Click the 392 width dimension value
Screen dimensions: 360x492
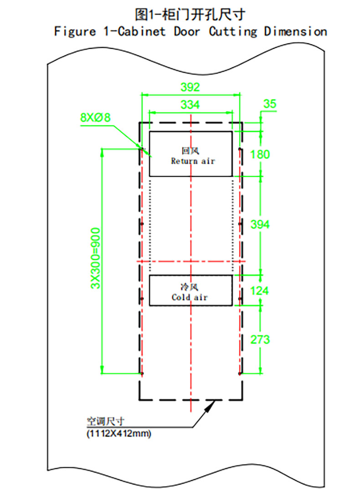pos(190,87)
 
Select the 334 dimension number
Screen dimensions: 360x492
pos(190,104)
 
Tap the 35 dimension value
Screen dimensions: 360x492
pos(270,104)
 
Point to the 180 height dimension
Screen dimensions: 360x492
pos(260,154)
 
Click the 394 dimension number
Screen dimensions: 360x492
pos(260,224)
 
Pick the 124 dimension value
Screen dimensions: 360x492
pos(259,290)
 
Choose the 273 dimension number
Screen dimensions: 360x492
pos(260,339)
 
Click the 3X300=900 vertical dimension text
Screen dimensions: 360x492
pos(95,258)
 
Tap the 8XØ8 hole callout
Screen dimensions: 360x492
pos(95,117)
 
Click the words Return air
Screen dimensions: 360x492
pos(193,161)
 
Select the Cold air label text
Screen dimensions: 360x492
pos(190,297)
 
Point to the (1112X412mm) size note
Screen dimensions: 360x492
pos(119,434)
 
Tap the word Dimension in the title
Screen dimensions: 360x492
pos(295,31)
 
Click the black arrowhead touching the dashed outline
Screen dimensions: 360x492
pos(210,405)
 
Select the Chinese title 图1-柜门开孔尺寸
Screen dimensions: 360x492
pos(190,14)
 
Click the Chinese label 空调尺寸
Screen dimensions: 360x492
pos(105,421)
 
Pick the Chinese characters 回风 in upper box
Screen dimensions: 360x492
pos(190,150)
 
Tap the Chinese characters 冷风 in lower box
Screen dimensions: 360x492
pos(190,286)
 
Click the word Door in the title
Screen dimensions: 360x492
pos(186,31)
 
